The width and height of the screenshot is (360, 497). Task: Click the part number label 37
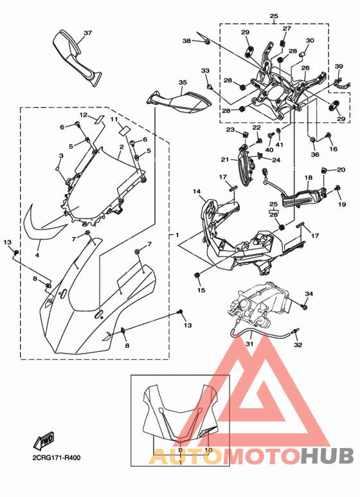(x=88, y=33)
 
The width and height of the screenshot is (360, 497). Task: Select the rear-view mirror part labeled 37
(x=76, y=57)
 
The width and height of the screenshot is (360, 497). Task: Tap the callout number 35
(x=183, y=82)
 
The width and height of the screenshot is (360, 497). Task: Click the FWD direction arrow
(x=44, y=440)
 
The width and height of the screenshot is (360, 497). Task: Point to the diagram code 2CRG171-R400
(x=56, y=458)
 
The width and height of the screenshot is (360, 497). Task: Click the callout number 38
(x=186, y=41)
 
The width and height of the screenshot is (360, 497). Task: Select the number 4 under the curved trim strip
(x=37, y=255)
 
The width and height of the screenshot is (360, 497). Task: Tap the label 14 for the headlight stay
(x=197, y=192)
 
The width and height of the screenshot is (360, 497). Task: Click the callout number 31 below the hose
(x=249, y=344)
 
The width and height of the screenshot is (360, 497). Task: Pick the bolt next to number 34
(x=305, y=307)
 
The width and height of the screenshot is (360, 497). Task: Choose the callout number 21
(x=225, y=159)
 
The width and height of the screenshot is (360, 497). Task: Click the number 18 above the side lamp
(x=309, y=177)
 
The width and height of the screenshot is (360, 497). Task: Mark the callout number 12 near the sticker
(x=83, y=114)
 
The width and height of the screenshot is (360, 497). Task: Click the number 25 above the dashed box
(x=274, y=16)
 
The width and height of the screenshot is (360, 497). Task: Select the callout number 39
(x=339, y=66)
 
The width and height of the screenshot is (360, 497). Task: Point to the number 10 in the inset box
(x=208, y=450)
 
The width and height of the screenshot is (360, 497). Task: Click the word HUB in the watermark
(x=328, y=455)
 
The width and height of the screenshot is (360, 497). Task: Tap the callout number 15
(x=201, y=290)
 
